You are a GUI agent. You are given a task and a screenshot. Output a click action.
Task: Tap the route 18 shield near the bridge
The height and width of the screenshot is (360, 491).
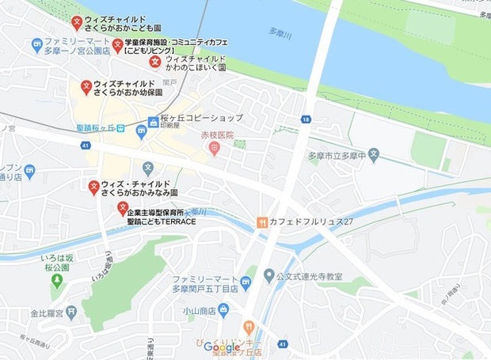point(305,119)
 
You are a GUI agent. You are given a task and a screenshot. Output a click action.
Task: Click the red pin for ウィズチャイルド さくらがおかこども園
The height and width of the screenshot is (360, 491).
point(76,21)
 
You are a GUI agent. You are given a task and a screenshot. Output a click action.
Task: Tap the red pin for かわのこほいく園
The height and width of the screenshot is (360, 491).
point(156,59)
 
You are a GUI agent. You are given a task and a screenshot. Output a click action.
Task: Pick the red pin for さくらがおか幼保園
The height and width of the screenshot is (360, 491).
point(86,85)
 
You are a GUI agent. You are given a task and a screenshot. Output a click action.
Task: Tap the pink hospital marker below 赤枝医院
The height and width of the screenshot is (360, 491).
point(215,149)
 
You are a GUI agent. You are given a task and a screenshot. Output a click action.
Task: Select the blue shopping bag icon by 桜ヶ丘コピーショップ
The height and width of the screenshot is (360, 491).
point(154,122)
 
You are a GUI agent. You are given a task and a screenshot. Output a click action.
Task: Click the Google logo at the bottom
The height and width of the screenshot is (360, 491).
point(222,347)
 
